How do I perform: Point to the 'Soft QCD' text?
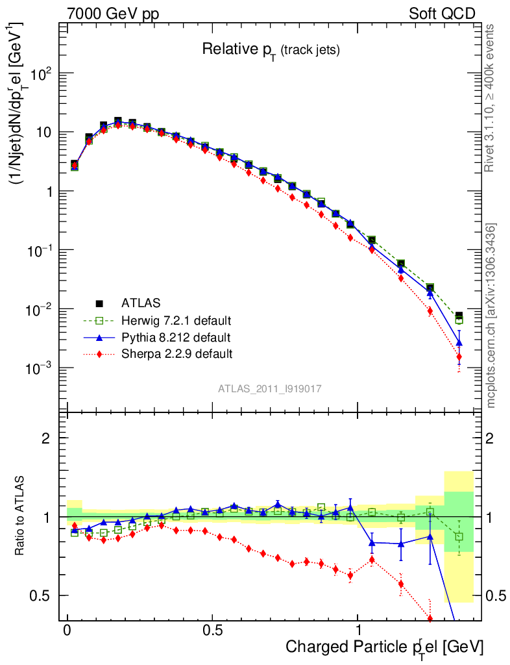pyautogui.click(x=442, y=14)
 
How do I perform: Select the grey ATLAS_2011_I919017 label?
pyautogui.click(x=270, y=388)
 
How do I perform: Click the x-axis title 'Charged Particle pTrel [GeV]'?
pyautogui.click(x=384, y=646)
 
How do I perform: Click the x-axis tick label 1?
pyautogui.click(x=358, y=631)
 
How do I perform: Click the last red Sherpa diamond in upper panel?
pyautogui.click(x=459, y=357)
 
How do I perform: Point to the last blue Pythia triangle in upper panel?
pyautogui.click(x=459, y=342)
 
